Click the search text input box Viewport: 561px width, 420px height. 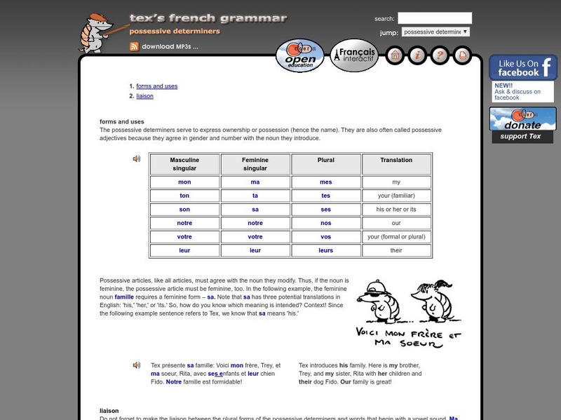click(x=435, y=18)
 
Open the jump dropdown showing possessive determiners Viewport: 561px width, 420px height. click(x=435, y=32)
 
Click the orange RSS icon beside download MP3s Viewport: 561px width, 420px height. click(x=133, y=47)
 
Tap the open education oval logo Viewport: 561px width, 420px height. click(x=299, y=56)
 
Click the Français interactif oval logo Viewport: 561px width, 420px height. click(x=354, y=55)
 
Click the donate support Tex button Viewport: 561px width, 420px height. click(x=522, y=125)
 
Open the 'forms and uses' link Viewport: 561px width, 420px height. click(x=156, y=86)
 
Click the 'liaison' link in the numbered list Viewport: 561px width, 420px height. click(x=144, y=96)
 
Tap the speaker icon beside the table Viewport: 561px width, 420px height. click(x=137, y=159)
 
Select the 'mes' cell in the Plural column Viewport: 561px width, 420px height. click(x=325, y=182)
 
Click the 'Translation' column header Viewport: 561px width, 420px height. click(x=396, y=161)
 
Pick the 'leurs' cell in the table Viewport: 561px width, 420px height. click(x=325, y=250)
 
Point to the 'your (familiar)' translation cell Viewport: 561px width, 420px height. click(x=396, y=196)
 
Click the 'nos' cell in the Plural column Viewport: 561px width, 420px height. click(x=325, y=223)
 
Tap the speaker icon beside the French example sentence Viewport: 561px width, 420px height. click(x=137, y=365)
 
